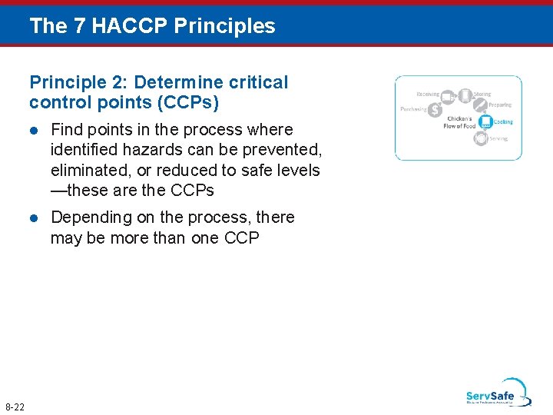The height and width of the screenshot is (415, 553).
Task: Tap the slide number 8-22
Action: pos(15,407)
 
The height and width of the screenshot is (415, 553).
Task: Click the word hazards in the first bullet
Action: pos(147,150)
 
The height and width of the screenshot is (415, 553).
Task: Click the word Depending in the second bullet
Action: pos(92,217)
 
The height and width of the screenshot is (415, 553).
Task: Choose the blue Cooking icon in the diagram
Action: pos(485,121)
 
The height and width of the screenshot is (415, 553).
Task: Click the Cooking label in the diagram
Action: pos(503,122)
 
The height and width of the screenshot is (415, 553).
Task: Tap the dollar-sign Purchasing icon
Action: pos(435,111)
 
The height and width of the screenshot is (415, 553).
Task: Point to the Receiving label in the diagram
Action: pos(428,95)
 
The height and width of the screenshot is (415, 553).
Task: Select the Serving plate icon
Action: pos(480,138)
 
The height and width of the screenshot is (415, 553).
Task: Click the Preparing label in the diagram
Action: pos(499,105)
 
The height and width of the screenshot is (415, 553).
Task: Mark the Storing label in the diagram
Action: pos(482,95)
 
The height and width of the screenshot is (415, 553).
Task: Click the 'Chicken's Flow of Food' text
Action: pos(459,123)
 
